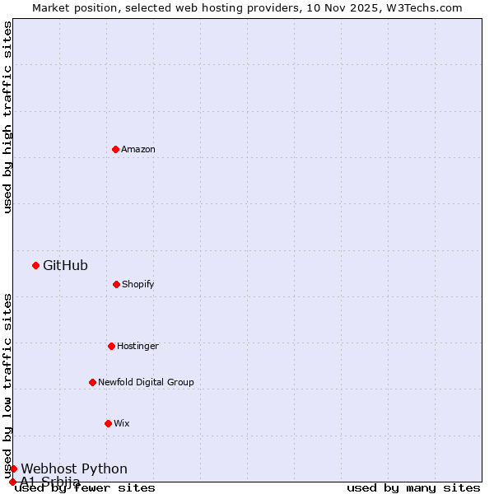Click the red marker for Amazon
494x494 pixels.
tap(115, 149)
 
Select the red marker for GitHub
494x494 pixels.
tap(35, 265)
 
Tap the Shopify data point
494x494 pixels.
tap(116, 284)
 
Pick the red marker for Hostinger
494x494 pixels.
tap(111, 346)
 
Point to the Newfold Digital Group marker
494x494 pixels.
tap(92, 382)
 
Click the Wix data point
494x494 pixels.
tap(108, 423)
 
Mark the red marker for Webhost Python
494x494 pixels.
tap(13, 468)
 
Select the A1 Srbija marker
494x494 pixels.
tap(12, 482)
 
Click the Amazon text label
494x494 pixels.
tap(138, 149)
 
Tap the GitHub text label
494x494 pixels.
tap(65, 265)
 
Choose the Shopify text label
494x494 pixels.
tap(138, 284)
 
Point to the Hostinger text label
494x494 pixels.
tap(137, 346)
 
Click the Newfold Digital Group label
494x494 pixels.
tap(146, 382)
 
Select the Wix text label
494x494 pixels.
tap(122, 423)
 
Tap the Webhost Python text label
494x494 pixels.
tap(74, 469)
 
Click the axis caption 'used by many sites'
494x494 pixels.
tap(413, 487)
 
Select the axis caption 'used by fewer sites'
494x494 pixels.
tap(85, 487)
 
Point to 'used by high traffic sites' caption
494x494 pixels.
tap(8, 117)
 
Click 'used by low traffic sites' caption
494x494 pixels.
tap(8, 385)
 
